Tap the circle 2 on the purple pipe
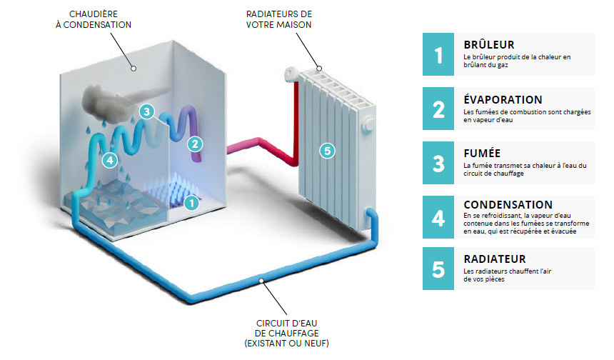pos(195,144)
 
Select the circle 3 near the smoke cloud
pos(146,111)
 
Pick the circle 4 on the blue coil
pos(109,160)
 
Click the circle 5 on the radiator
pos(327,151)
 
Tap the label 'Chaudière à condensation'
pos(101,19)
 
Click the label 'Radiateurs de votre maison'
pos(278,19)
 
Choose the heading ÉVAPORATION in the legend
pos(503,99)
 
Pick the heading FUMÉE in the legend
pos(480,153)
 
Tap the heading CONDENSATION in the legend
pos(508,205)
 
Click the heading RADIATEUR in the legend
pos(495,259)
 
